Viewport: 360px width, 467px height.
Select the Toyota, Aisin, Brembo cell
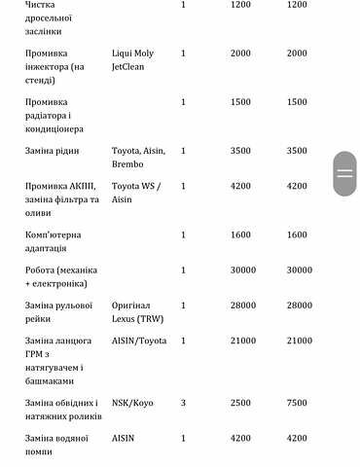140,158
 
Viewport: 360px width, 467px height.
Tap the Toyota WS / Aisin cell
137,192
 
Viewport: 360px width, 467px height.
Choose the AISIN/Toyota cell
139,341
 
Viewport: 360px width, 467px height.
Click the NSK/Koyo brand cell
131,403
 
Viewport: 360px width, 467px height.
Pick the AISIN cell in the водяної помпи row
123,438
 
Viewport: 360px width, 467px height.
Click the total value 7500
297,403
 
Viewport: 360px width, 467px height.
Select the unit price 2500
240,403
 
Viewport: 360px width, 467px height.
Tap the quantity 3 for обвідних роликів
183,403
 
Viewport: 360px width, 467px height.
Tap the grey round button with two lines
344,174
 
